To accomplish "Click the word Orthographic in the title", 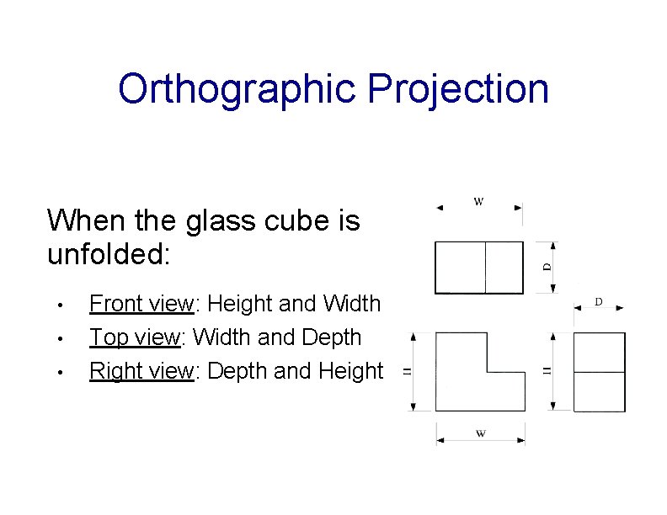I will pos(238,89).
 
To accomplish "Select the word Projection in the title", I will pos(458,89).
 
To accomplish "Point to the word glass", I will pos(219,221).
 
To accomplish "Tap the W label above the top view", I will pos(479,201).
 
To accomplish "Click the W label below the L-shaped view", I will pos(480,434).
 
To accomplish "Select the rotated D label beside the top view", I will pos(547,267).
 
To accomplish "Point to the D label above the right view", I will pos(599,301).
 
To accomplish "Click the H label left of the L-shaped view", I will pos(407,371).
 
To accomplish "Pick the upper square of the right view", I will pos(599,352).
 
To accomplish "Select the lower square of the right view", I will pos(599,391).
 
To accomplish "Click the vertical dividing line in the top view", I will pos(485,267).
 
